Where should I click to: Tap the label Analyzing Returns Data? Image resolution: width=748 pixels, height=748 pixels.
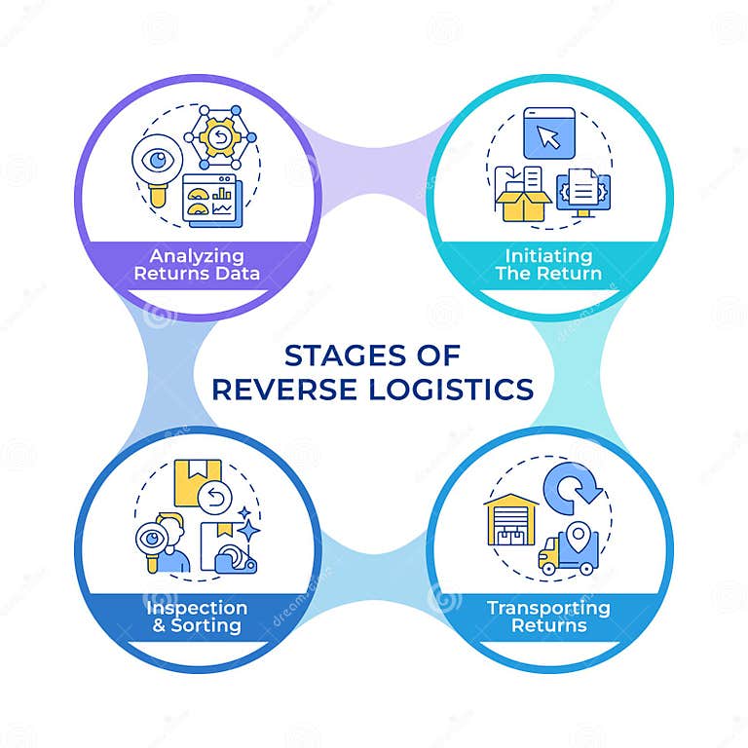(x=204, y=264)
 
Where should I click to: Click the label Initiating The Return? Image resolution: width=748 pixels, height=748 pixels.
(x=547, y=264)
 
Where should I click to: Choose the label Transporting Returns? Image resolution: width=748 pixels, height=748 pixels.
(x=548, y=616)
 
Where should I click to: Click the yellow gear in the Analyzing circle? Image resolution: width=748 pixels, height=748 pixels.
(x=218, y=138)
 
